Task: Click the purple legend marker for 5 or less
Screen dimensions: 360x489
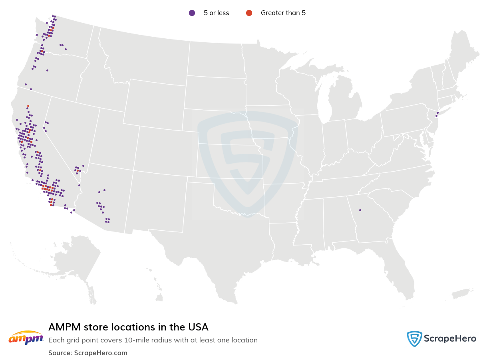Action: point(192,13)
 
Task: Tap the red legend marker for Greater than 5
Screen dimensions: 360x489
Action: point(249,13)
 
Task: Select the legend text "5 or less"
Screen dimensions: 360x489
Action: point(216,13)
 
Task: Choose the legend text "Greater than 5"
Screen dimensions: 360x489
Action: point(283,13)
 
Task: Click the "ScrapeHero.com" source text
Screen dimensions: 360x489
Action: point(100,353)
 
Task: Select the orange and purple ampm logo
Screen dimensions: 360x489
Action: point(26,338)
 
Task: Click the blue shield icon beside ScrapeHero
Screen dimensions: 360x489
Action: point(414,339)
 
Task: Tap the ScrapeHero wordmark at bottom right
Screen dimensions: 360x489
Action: point(450,339)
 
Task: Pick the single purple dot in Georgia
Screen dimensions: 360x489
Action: point(360,210)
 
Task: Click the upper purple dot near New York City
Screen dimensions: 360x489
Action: point(438,113)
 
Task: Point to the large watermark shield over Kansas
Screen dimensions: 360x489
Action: point(248,164)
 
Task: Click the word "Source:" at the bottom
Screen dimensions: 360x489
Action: point(60,353)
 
